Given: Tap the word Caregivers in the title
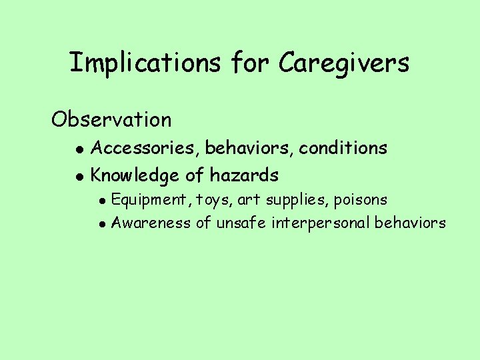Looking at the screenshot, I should pyautogui.click(x=344, y=63).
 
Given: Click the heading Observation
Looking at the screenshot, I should pyautogui.click(x=111, y=120).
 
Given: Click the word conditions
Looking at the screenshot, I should pyautogui.click(x=343, y=147).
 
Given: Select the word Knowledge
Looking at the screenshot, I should pyautogui.click(x=135, y=176).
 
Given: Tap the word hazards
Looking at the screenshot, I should pyautogui.click(x=244, y=176).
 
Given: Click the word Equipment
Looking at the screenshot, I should pyautogui.click(x=151, y=200).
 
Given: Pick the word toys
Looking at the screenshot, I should pyautogui.click(x=213, y=200).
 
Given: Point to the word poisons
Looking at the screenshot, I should pyautogui.click(x=361, y=200).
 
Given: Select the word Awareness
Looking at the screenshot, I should pyautogui.click(x=151, y=223).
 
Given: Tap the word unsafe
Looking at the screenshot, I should pyautogui.click(x=241, y=223).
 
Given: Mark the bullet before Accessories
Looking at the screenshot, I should pyautogui.click(x=79, y=149).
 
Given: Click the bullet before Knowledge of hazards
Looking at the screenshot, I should pyautogui.click(x=79, y=177).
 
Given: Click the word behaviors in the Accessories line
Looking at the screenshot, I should pyautogui.click(x=251, y=147).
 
